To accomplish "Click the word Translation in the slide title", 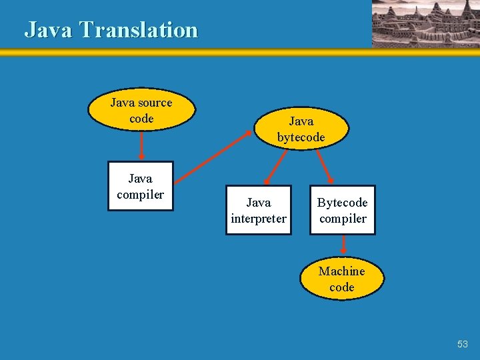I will pos(139,30).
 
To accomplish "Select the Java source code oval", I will pos(141,111).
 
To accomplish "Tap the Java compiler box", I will pos(140,186).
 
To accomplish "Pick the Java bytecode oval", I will pos(301,129).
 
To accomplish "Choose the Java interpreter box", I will pos(258,210).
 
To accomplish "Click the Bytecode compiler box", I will pos(342,210).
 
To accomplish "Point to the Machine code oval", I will pos(341,279).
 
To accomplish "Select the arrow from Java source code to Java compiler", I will pos(141,146).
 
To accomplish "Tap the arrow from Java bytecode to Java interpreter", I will pos(277,166).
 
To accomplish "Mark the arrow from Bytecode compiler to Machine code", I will pos(343,245).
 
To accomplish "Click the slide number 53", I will pos(463,344).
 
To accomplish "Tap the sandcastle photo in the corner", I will pos(425,23).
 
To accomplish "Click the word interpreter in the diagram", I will pos(258,219).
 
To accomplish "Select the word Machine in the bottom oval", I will pos(341,271).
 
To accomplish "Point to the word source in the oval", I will pos(155,103).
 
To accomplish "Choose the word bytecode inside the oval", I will pos(301,137).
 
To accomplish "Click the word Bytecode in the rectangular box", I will pos(342,202).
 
